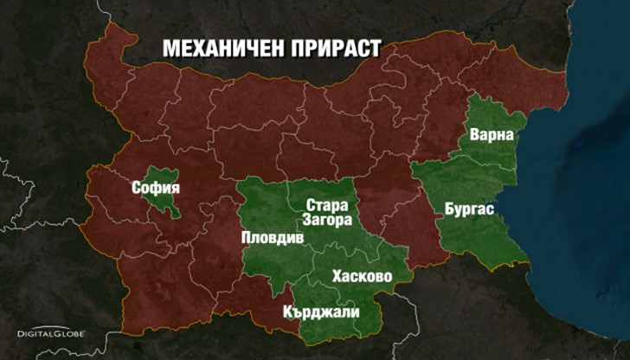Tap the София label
(156, 187)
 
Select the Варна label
(492, 136)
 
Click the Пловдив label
(272, 237)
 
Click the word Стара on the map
(327, 206)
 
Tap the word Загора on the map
(327, 221)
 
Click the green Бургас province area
(485, 234)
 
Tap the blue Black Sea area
(580, 199)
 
